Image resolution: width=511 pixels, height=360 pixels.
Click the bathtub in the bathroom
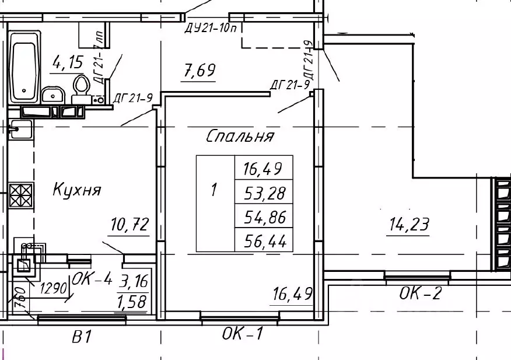point(24,65)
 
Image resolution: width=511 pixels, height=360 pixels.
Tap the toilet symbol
point(80,88)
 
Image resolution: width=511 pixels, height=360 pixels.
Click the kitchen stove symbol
point(21,195)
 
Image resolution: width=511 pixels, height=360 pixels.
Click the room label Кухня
point(77,190)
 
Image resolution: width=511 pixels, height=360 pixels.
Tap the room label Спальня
point(240,137)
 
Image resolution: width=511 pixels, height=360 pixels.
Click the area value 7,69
point(199,72)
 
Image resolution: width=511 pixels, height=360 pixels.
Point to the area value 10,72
point(130,224)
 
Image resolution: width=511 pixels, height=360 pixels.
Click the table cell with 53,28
point(263,193)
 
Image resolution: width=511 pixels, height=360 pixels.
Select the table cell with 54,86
point(263,216)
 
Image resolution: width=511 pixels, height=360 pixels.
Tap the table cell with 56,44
point(263,240)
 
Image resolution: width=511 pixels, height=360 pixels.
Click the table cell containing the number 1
point(214,190)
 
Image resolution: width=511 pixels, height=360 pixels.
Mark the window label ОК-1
point(243,334)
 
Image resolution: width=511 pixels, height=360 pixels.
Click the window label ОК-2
point(420,293)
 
